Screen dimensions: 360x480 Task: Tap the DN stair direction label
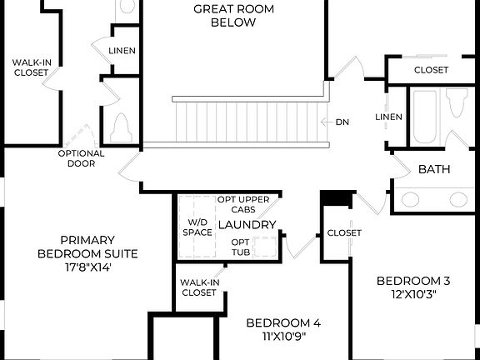(342, 122)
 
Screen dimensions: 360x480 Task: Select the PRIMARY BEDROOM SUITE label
(87, 247)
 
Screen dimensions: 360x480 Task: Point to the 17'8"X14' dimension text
(87, 268)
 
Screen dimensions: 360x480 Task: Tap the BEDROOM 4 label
(283, 323)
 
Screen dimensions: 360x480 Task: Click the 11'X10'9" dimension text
(283, 337)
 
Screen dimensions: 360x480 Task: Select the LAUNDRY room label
(247, 225)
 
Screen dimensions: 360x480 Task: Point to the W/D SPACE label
(197, 227)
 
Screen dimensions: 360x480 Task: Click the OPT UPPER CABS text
(242, 204)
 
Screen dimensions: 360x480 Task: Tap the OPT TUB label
(239, 247)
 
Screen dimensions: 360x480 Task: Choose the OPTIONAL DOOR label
(81, 158)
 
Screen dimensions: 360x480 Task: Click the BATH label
(433, 169)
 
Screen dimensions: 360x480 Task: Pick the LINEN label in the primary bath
(122, 51)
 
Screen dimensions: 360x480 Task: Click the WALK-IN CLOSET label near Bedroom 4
(199, 287)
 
